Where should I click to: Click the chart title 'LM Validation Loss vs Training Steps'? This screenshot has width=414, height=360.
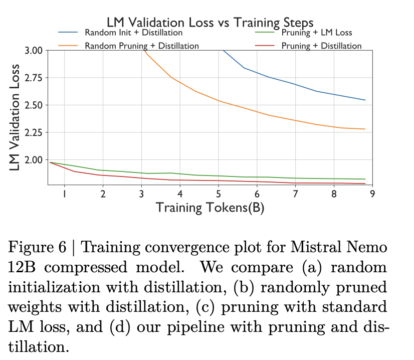(210, 22)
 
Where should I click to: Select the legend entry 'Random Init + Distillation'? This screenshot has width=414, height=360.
(133, 33)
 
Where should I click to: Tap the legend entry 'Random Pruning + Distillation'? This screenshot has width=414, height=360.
(141, 46)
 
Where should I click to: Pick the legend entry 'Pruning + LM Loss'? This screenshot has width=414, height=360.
(317, 33)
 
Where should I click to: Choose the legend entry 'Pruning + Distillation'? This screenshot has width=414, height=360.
(321, 46)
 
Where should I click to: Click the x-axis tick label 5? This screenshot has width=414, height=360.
(218, 194)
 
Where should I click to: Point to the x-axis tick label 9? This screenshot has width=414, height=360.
(372, 194)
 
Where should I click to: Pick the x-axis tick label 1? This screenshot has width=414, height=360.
(64, 194)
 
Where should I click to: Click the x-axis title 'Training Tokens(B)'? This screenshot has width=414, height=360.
(210, 207)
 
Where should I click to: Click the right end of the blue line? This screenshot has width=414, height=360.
(365, 100)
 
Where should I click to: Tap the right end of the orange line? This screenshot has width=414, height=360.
(365, 129)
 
